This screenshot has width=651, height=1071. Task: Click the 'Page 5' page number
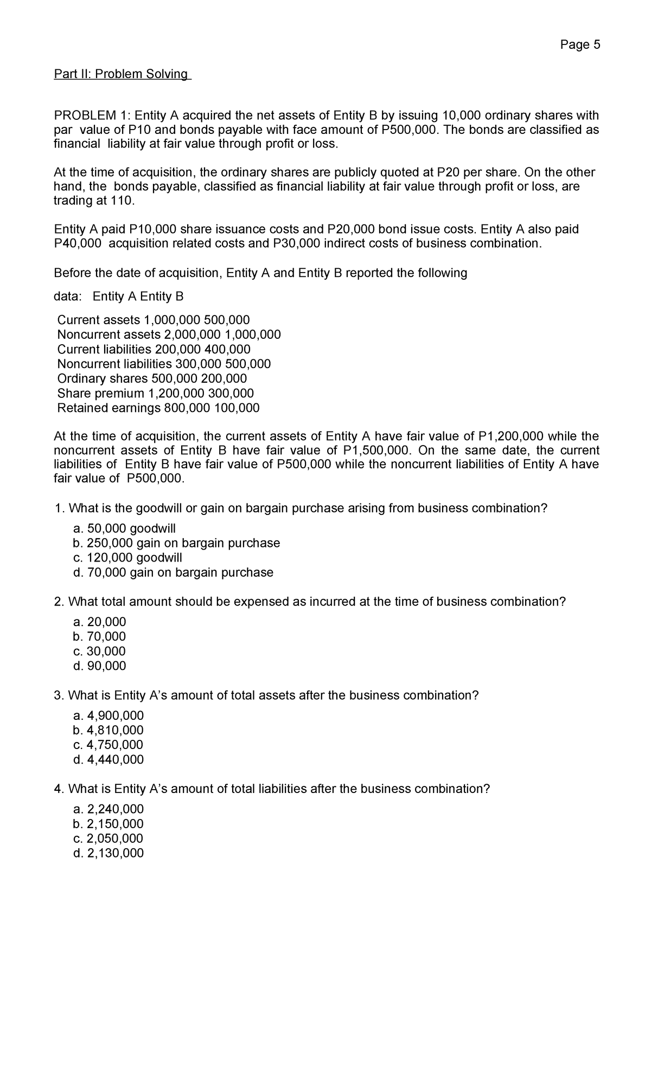[580, 45]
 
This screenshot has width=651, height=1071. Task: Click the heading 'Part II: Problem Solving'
[122, 74]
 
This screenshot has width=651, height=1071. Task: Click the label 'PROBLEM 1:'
[92, 115]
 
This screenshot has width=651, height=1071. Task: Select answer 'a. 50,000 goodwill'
[124, 528]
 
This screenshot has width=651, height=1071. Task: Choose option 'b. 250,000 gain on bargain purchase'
[176, 543]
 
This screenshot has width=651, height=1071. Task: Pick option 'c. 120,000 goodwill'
[127, 558]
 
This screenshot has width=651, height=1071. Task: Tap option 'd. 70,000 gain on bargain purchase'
[173, 572]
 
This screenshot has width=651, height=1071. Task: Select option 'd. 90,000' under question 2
[99, 666]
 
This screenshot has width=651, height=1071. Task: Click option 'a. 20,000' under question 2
[99, 622]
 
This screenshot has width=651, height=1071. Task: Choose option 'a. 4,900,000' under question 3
[108, 715]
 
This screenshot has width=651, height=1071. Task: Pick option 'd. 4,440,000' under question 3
[108, 759]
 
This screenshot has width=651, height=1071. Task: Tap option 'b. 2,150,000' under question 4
[108, 824]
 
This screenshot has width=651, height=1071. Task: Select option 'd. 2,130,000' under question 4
[108, 853]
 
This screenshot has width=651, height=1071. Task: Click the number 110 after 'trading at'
[122, 201]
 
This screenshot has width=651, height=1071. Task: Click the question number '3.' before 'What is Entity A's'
[59, 695]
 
